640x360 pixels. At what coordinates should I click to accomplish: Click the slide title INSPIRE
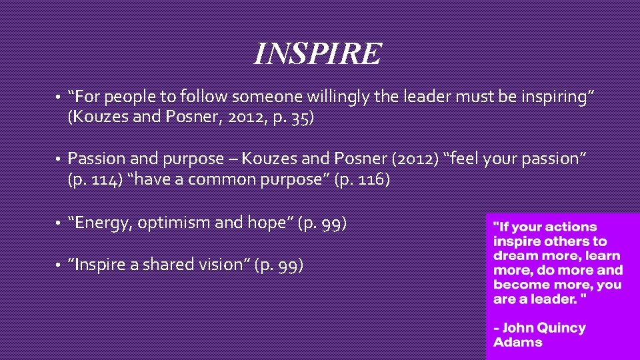point(317,53)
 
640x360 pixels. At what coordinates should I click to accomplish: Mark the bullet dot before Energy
point(59,223)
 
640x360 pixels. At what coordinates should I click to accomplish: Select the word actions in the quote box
point(568,227)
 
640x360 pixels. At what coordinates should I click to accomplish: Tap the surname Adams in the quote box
point(517,343)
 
